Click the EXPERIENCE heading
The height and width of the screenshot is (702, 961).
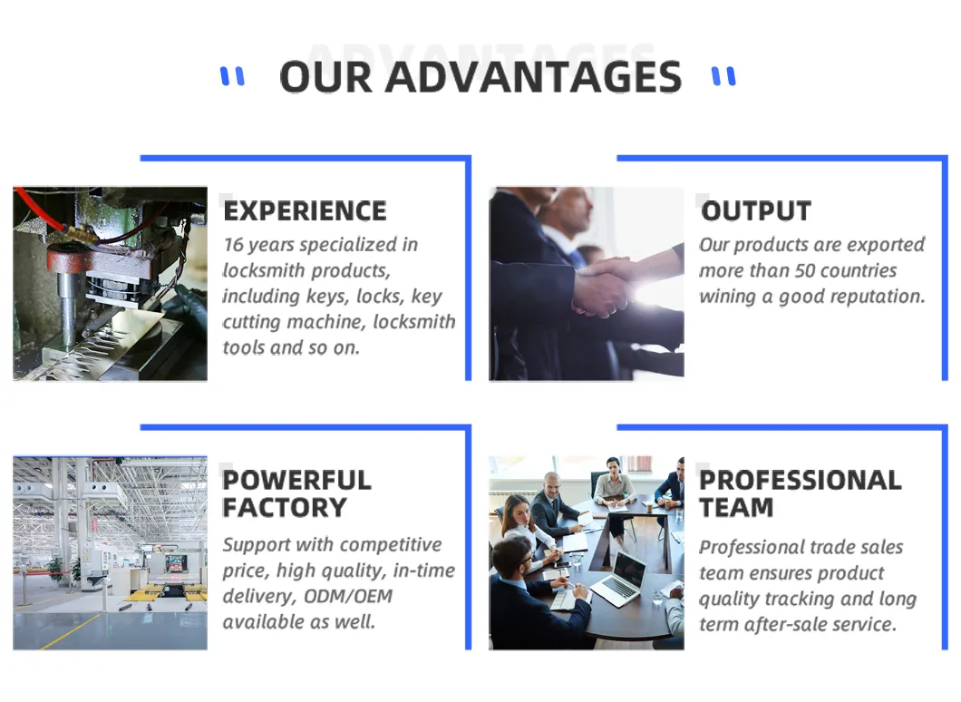click(x=305, y=211)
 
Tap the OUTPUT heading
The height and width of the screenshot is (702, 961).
click(x=756, y=211)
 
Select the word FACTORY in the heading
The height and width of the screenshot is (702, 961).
click(x=285, y=508)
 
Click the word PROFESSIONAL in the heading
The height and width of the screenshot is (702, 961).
click(x=801, y=480)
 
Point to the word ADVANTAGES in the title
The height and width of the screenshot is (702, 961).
click(x=533, y=77)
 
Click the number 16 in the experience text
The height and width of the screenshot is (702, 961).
click(x=234, y=245)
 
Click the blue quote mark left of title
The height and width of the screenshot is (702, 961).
click(x=232, y=76)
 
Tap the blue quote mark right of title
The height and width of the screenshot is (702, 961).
click(x=723, y=76)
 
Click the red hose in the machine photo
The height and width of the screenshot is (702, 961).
click(x=41, y=211)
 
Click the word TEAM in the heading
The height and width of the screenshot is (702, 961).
click(x=736, y=508)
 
